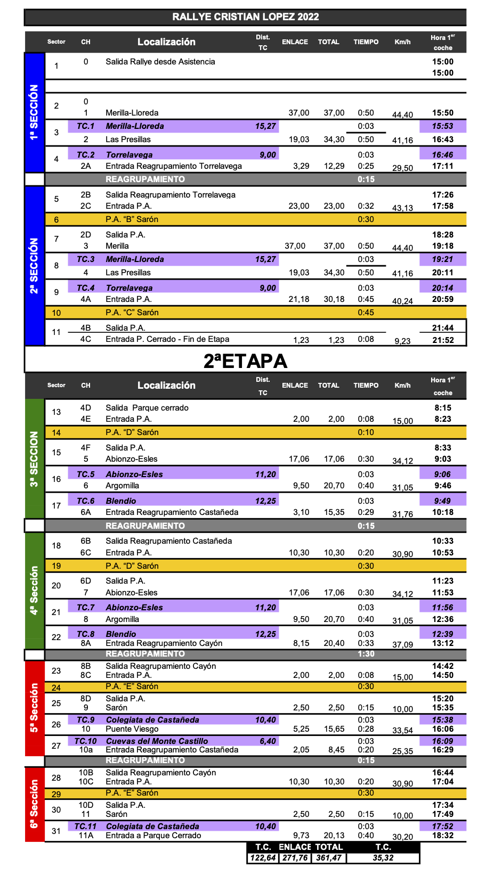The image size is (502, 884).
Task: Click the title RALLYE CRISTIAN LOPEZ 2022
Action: [245, 17]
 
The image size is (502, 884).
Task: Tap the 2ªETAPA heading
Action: [245, 361]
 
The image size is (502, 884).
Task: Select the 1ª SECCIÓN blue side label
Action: [34, 112]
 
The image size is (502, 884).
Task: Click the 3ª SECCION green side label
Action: [34, 459]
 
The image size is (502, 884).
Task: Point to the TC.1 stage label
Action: [85, 126]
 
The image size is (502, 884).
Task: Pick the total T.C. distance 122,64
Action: [263, 858]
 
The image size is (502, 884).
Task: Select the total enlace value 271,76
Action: [295, 858]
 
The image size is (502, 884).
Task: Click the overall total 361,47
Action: [329, 858]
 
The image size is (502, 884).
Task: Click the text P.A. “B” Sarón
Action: [132, 219]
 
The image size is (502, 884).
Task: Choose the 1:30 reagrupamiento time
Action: [366, 654]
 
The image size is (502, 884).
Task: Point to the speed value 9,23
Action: [402, 341]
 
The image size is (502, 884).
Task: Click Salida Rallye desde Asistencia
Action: [160, 62]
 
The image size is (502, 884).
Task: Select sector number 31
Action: [56, 831]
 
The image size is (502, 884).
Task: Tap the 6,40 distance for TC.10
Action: [268, 741]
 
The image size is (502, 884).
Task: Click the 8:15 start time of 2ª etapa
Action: [443, 408]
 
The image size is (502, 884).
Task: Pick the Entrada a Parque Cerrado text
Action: [153, 836]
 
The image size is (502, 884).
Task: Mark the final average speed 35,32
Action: [383, 858]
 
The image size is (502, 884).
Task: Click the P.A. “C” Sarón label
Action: [132, 313]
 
